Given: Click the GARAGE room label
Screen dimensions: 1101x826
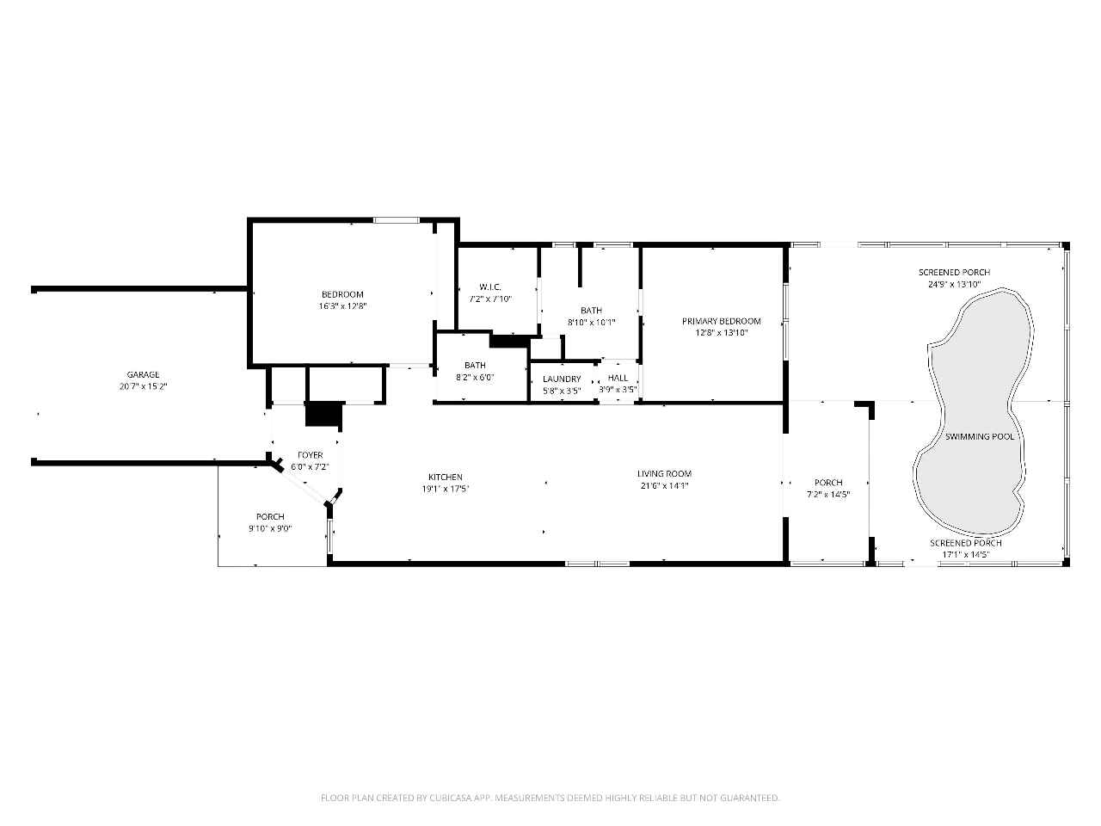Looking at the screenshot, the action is [143, 374].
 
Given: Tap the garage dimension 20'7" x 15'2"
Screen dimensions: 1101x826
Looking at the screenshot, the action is [143, 386].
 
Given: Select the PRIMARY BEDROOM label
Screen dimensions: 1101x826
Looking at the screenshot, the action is [722, 321].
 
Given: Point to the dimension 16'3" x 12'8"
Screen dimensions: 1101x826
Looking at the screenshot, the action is [342, 306].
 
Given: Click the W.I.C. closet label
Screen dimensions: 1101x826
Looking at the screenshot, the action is [490, 287].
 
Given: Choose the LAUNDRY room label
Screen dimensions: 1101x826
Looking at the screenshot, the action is [562, 379].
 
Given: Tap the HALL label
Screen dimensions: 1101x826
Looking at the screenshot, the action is [618, 378].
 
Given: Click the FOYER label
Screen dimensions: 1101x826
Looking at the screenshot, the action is [311, 455].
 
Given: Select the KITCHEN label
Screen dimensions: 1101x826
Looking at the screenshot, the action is [446, 477].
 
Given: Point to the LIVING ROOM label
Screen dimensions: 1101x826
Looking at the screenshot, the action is [665, 473].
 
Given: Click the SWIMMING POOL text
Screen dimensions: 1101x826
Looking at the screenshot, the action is [980, 437].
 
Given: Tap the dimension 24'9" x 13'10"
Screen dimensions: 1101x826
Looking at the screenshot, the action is [955, 284].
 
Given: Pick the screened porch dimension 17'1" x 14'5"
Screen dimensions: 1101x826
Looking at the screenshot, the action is [966, 555].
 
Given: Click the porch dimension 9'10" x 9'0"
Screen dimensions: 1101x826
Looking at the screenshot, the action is [270, 528].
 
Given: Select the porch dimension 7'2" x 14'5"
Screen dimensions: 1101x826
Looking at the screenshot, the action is [828, 494].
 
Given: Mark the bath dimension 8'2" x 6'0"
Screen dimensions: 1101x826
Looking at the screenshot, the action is [475, 377].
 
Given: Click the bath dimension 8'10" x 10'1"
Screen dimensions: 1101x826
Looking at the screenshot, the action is [592, 323].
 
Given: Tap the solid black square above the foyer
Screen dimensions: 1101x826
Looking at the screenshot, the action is [324, 414].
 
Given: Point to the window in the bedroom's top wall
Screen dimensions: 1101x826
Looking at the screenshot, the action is [397, 219].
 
